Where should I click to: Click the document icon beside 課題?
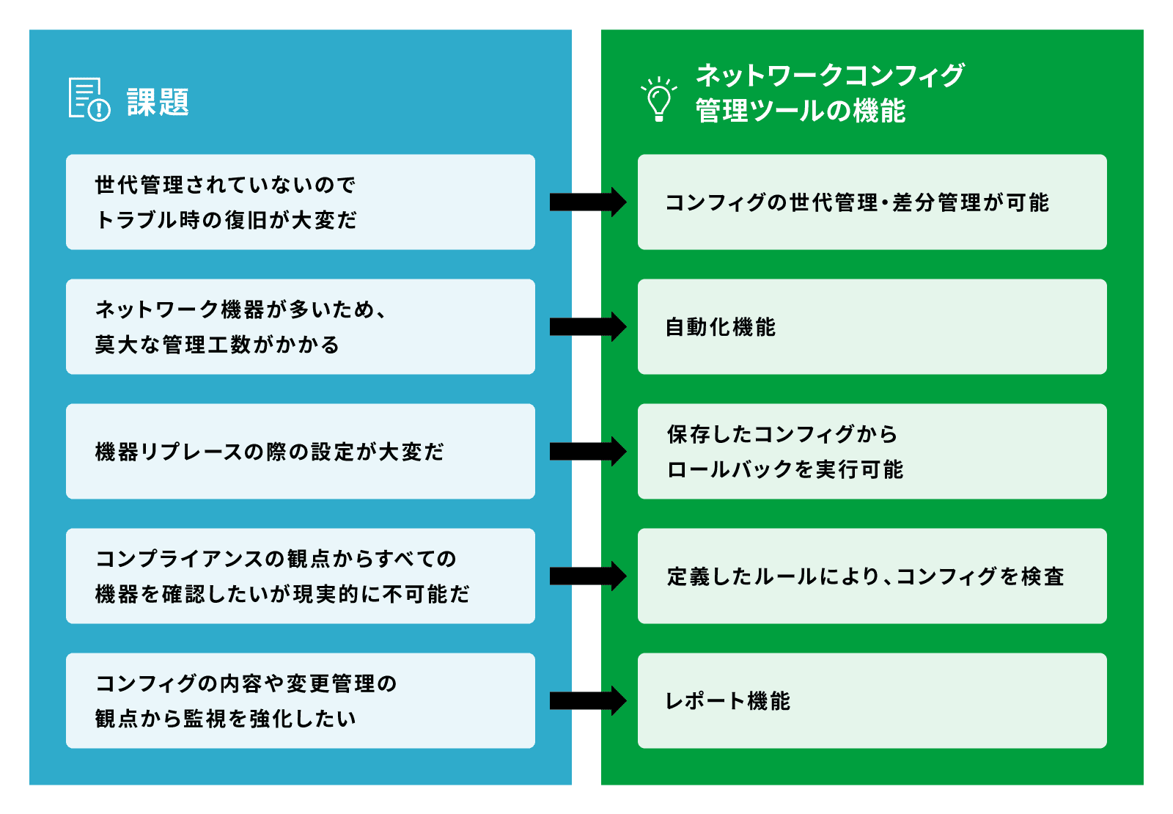tap(89, 99)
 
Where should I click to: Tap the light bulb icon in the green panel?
tap(658, 99)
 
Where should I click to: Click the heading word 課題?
tap(158, 102)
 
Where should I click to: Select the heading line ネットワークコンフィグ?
tap(829, 75)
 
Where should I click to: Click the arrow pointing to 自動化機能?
tap(587, 327)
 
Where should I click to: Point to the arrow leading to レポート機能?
tap(587, 701)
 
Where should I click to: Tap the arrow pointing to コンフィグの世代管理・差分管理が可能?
tap(587, 202)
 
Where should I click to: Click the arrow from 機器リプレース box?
tap(587, 452)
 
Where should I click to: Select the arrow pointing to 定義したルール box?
tap(587, 576)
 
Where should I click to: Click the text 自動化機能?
tap(720, 327)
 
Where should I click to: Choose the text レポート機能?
tap(727, 701)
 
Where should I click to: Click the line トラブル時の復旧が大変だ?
tap(226, 220)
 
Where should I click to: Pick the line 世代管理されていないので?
tap(225, 185)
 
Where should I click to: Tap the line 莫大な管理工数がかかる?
tap(217, 345)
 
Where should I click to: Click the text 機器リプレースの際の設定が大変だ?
tap(269, 452)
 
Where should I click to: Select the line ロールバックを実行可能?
tap(784, 469)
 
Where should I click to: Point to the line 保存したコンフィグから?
tap(782, 434)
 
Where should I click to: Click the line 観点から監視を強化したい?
tap(225, 719)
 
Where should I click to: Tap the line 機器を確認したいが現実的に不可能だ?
tap(282, 594)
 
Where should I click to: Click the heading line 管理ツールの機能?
tap(800, 111)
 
